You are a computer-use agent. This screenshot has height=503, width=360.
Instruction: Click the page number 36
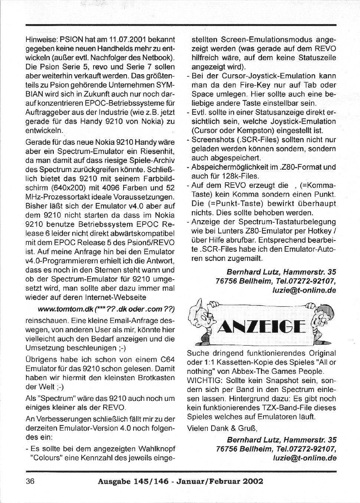click(30, 481)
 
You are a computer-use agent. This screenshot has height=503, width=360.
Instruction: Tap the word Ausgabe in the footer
click(114, 482)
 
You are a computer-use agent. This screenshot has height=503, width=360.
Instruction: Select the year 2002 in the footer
click(253, 482)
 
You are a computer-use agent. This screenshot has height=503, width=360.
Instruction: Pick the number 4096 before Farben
click(112, 188)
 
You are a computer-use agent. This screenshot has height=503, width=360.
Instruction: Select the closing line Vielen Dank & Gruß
click(222, 428)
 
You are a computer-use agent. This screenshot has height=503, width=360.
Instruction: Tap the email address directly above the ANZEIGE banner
click(304, 291)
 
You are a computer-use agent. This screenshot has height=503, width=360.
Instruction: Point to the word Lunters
click(222, 231)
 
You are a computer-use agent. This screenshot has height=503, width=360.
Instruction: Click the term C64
click(167, 360)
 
